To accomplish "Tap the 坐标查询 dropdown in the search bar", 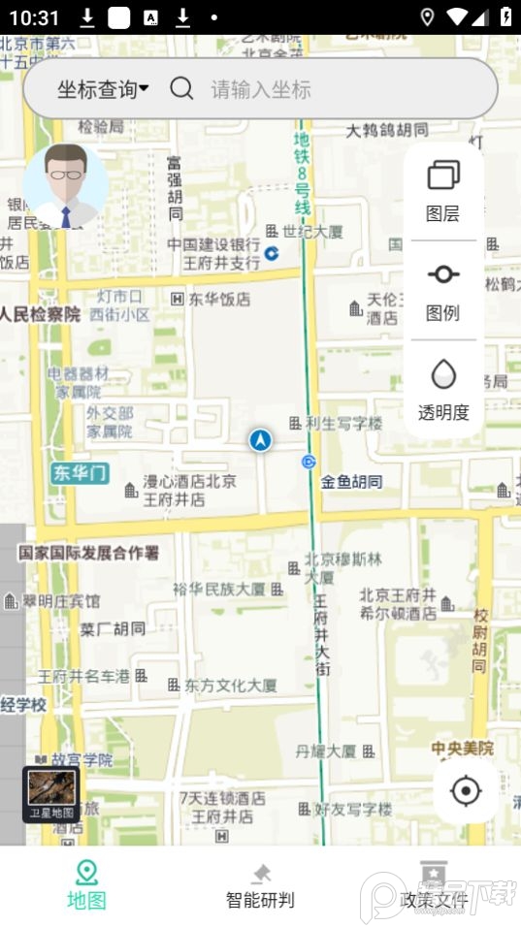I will (102, 90).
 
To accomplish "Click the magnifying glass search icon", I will (181, 89).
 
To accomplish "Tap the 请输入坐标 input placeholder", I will (262, 90).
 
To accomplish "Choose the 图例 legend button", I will (442, 291).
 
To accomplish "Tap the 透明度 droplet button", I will (443, 390).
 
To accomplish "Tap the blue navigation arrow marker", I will (260, 440).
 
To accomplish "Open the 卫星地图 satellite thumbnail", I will (51, 794).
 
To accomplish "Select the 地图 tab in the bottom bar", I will (86, 884).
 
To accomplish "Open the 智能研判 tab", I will (260, 884).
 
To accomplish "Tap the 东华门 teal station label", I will (80, 473).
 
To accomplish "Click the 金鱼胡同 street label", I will (352, 481).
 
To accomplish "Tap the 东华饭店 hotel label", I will (218, 300).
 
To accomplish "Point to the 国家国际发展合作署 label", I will (89, 553).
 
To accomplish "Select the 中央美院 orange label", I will (463, 748).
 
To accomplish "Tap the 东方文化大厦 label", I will (230, 685).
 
